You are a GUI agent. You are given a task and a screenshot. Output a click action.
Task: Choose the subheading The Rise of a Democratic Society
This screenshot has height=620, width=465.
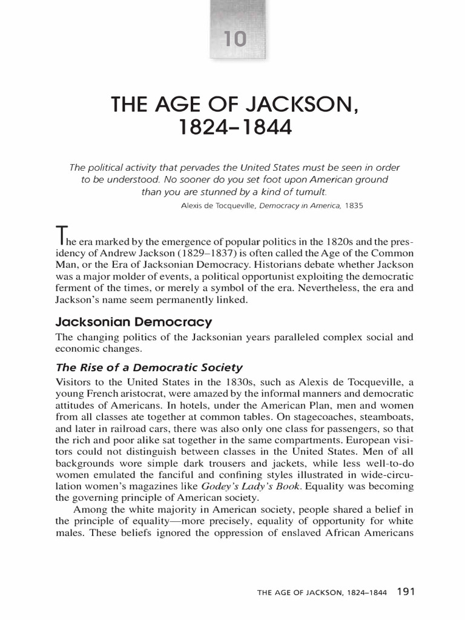[x=149, y=367]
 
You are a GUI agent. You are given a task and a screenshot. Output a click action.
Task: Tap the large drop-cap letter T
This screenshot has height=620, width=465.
[x=61, y=233]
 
